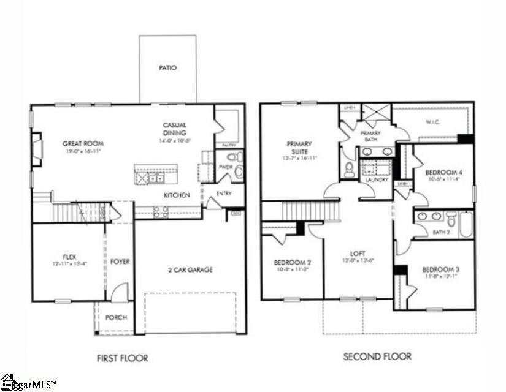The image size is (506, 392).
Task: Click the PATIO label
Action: coord(167,68)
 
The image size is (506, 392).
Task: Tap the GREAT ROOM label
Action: coord(80,144)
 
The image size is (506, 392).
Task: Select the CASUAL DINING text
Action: coord(175,129)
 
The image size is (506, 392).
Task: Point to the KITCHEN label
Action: coord(176,195)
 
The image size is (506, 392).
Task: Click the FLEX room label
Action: coord(69,257)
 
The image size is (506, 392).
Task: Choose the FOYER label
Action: coord(120,262)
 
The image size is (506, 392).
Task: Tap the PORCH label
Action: coord(116,317)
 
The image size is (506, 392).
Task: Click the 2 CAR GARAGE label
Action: coord(190,269)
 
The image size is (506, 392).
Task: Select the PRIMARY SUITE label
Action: coord(299,148)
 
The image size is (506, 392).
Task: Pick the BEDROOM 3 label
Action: coord(440,269)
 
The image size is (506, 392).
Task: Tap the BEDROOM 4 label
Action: coord(443,172)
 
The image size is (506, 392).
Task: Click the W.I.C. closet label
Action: coord(432,122)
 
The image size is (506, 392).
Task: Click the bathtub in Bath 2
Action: coord(466,224)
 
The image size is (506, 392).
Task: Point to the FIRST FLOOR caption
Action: coord(123,358)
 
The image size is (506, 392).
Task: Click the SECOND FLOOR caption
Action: coord(377,356)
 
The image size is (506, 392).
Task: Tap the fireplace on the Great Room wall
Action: coord(36,149)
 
